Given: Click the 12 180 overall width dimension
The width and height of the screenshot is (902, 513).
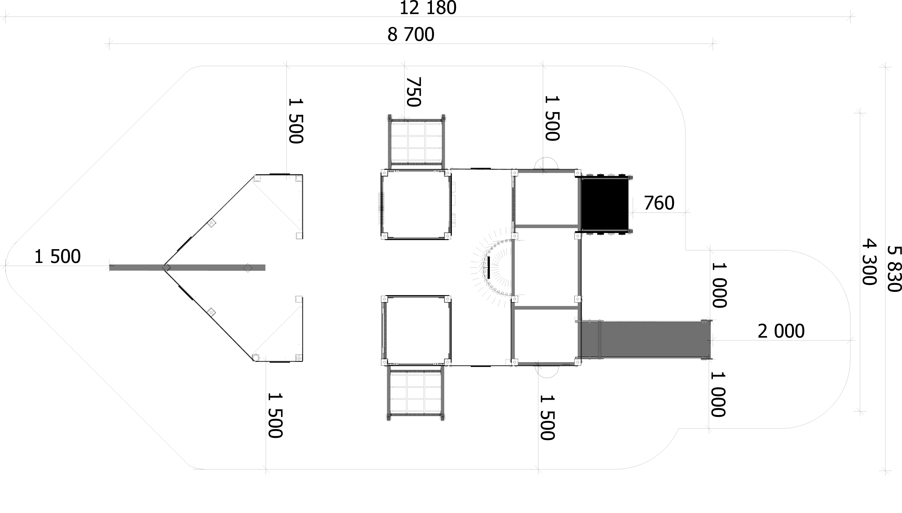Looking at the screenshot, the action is coord(428,8).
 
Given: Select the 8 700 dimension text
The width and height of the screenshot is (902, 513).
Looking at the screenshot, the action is coord(411,35).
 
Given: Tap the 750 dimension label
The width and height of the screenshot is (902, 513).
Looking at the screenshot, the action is coord(414,92).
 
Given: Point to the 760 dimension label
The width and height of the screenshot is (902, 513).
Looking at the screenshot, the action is coord(659,203).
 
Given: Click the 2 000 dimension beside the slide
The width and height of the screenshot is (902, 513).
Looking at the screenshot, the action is coord(781,331).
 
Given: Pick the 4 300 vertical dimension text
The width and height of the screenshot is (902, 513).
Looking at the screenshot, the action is coord(869,262).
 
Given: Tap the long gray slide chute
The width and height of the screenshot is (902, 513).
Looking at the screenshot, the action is coord(645,340).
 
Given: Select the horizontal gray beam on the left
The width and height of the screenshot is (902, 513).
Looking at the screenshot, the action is coord(187,267).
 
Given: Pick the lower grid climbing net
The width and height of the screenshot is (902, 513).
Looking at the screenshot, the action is coord(416,392).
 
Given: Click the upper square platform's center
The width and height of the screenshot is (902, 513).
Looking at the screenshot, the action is coord(416,204).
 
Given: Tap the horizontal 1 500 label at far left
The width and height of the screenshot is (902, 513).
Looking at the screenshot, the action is coord(57,257).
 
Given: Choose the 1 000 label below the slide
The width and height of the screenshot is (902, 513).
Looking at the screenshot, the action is coord(718,394).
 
